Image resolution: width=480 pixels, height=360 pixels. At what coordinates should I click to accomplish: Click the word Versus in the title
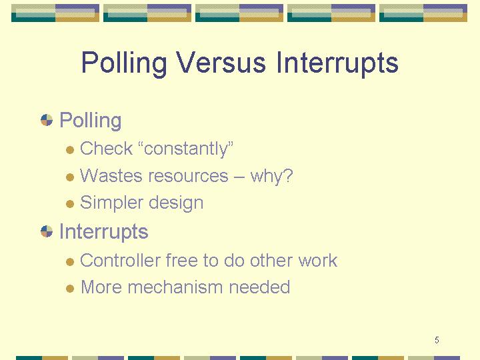coord(221,62)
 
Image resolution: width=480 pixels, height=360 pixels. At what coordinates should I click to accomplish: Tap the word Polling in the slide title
coord(124,63)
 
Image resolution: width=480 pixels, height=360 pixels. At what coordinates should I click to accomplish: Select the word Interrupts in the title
coord(337,63)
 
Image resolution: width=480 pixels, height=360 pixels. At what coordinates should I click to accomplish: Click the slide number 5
coord(437,340)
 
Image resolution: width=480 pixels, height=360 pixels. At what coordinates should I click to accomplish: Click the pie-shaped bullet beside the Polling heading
coord(47,120)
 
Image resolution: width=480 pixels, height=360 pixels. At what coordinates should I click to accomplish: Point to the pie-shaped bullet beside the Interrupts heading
coord(47,231)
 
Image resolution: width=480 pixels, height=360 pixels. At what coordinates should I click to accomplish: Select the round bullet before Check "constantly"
coord(70,150)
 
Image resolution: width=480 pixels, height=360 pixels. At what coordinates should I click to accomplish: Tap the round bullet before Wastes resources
coord(70,177)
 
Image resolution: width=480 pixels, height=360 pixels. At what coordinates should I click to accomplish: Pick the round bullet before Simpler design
coord(70,204)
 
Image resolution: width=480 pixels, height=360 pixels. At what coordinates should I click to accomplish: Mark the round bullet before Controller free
coord(70,262)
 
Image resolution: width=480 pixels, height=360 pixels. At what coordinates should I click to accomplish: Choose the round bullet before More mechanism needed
coord(70,289)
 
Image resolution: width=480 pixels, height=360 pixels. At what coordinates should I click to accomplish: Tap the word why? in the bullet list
coord(271,177)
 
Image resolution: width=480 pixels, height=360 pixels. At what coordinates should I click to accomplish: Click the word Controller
coord(120,261)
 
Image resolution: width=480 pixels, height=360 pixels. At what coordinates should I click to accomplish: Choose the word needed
coord(259,287)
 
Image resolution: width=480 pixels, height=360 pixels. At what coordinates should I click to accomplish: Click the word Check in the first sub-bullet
coord(106,149)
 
